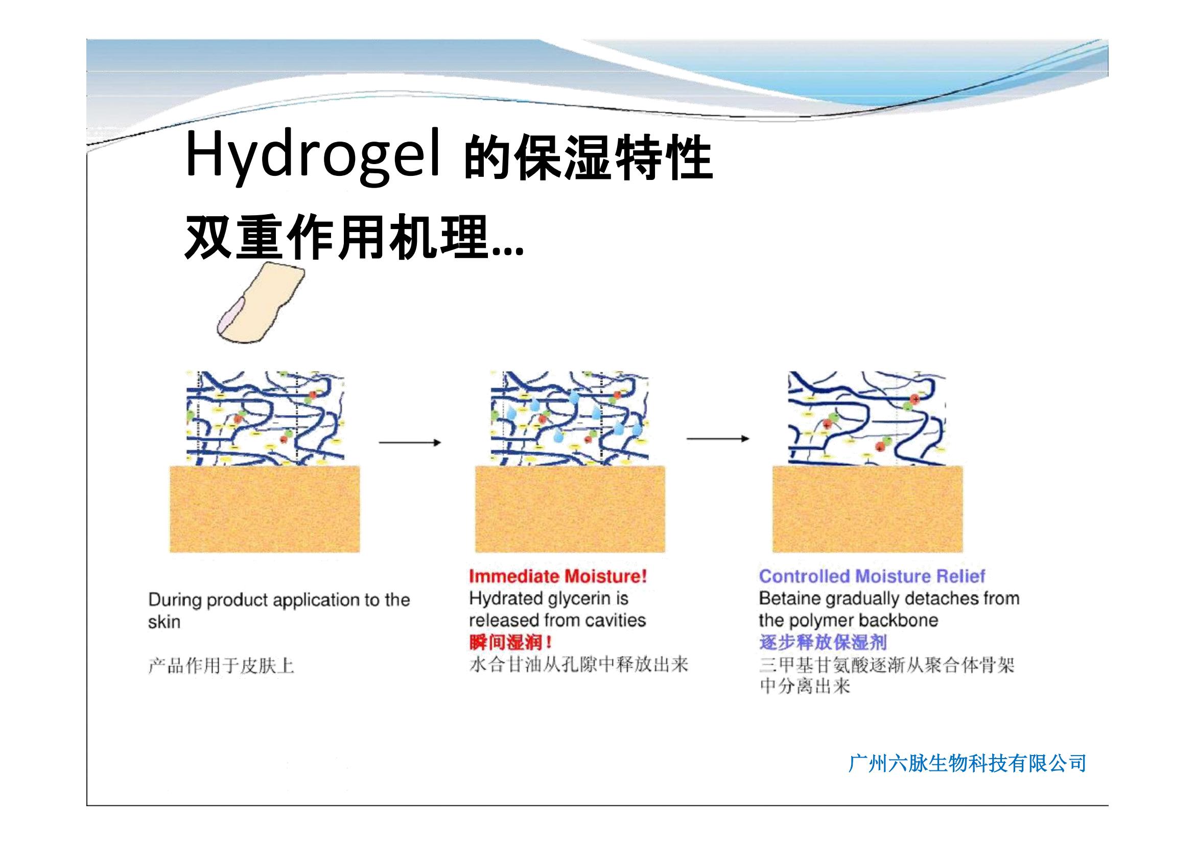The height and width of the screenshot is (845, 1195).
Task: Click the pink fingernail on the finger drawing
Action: pyautogui.click(x=230, y=317)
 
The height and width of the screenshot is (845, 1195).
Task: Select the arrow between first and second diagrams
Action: pyautogui.click(x=410, y=443)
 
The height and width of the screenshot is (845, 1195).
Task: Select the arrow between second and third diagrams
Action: pyautogui.click(x=718, y=439)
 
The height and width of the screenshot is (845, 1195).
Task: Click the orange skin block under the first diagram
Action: pyautogui.click(x=265, y=509)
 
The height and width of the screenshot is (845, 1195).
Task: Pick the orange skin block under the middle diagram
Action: pyautogui.click(x=570, y=509)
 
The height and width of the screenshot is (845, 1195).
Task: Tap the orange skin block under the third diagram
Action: pyautogui.click(x=867, y=509)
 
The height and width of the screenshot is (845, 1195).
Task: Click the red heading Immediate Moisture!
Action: pyautogui.click(x=558, y=576)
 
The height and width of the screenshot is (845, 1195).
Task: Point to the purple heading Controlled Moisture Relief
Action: pyautogui.click(x=872, y=576)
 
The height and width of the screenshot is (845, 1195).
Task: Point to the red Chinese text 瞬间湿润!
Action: pyautogui.click(x=510, y=643)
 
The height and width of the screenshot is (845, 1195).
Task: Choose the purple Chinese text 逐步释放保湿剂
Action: pyautogui.click(x=823, y=643)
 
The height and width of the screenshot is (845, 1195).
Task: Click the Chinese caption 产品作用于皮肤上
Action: pyautogui.click(x=221, y=666)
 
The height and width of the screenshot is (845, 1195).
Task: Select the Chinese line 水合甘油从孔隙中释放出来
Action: pyautogui.click(x=579, y=665)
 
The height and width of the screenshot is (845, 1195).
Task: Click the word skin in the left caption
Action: pyautogui.click(x=164, y=622)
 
